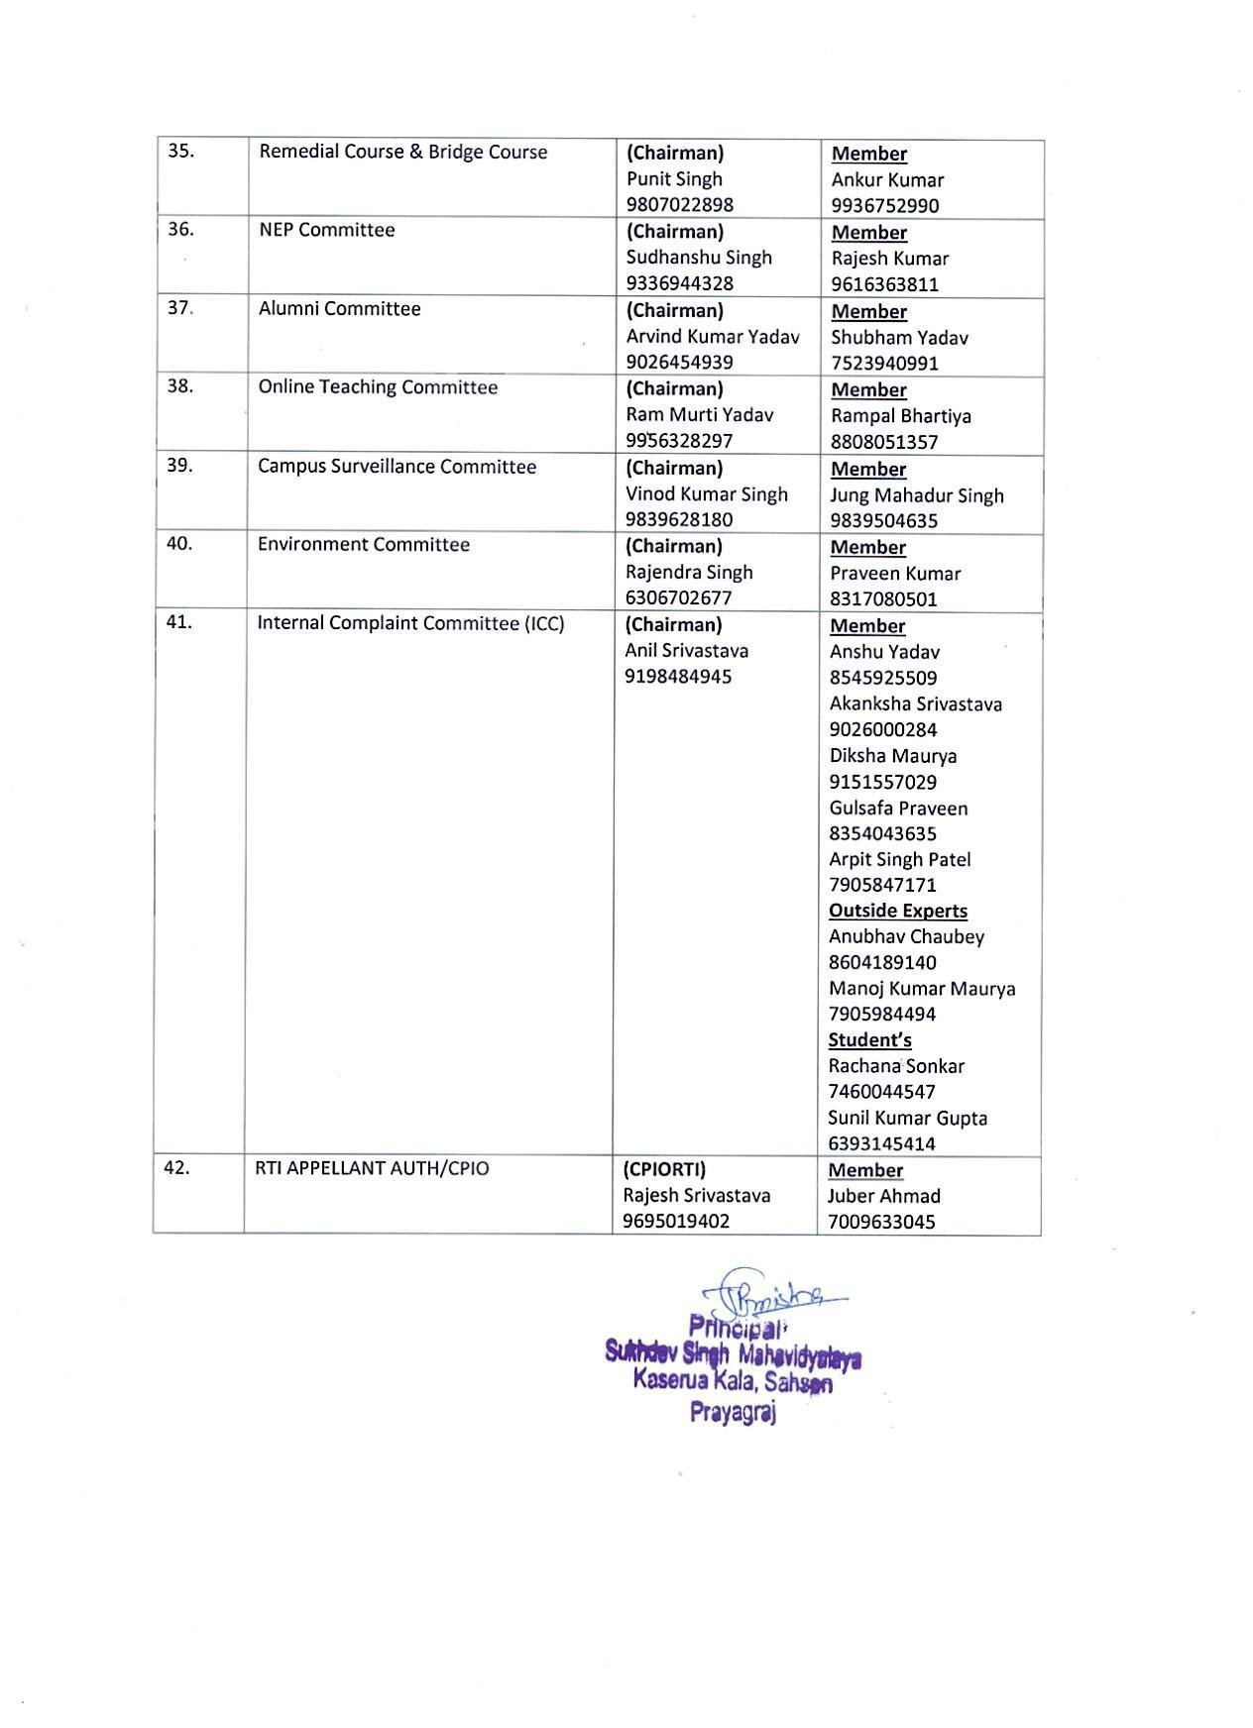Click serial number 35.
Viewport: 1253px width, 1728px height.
[x=180, y=151]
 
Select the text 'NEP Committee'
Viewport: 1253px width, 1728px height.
[x=326, y=230]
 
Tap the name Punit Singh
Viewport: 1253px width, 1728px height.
[x=674, y=178]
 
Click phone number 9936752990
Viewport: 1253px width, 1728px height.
[x=885, y=205]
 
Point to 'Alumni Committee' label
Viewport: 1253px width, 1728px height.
[x=339, y=308]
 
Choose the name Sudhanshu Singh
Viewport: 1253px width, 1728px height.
[x=699, y=257]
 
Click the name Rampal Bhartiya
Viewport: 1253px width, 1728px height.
[x=900, y=415]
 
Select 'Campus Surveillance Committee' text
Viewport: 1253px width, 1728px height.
[x=397, y=466]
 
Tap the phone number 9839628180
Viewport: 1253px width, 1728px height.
[x=679, y=519]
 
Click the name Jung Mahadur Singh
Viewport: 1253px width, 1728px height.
[x=916, y=494]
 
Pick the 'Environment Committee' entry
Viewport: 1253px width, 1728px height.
[x=363, y=544]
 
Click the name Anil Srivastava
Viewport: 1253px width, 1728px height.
[x=686, y=650]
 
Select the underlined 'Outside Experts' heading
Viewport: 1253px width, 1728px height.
[x=897, y=910]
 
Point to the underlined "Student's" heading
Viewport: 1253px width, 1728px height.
[x=869, y=1039]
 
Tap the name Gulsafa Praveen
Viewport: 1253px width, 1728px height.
[x=897, y=808]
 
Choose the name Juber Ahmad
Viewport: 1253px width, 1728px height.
[x=883, y=1195]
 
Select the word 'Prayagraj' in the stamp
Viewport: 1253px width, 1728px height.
[x=733, y=1413]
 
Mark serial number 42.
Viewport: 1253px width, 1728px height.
[x=176, y=1167]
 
